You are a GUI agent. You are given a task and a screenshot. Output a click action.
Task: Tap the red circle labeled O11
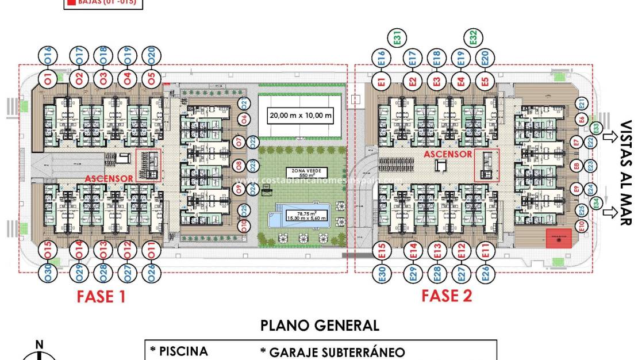151,251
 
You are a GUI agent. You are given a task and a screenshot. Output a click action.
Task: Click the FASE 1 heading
102,297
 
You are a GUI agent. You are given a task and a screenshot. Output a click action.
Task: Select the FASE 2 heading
447,296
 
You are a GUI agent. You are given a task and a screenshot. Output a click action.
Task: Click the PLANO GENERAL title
320,325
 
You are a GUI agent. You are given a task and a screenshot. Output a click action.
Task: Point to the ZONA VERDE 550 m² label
306,172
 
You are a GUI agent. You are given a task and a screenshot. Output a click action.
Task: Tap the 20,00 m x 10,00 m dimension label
301,116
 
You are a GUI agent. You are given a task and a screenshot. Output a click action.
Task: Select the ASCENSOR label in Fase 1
110,179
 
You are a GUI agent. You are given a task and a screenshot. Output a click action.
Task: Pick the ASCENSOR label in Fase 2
448,154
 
